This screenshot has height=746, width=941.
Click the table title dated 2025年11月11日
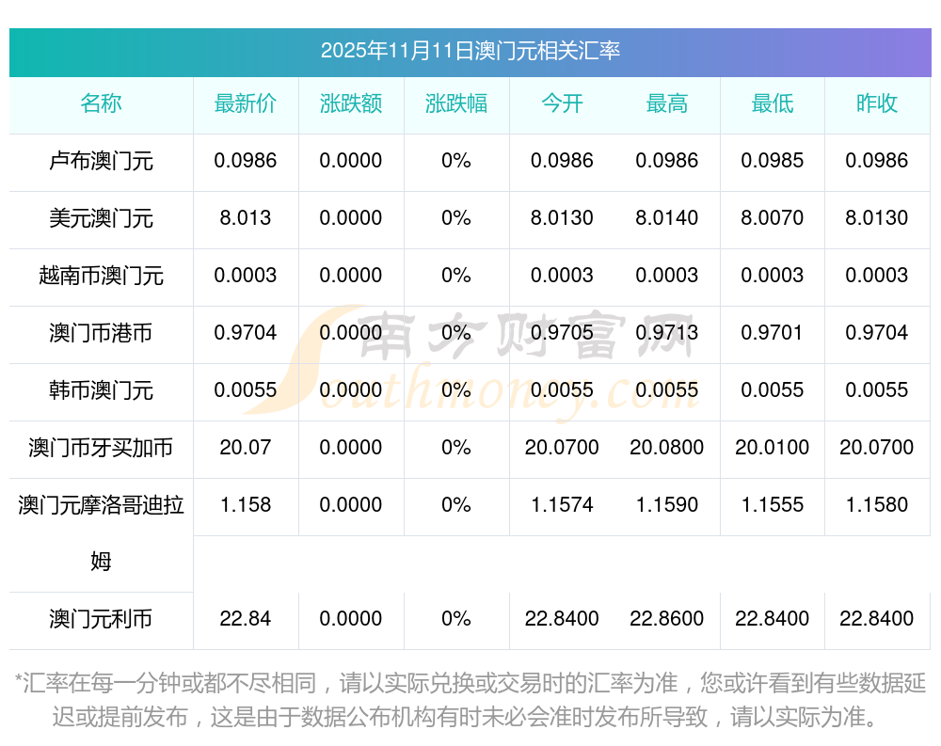tap(470, 51)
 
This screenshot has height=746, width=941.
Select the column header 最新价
tap(246, 104)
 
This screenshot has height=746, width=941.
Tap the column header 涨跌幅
tap(456, 104)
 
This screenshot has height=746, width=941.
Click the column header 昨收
tap(877, 104)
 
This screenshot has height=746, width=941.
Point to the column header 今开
tap(562, 104)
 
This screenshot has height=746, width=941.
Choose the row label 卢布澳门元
tap(101, 161)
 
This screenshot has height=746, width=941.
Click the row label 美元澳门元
tap(101, 218)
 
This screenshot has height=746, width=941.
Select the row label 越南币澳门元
tap(101, 276)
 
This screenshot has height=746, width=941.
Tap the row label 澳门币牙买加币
tap(101, 448)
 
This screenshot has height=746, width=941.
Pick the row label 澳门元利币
tap(101, 619)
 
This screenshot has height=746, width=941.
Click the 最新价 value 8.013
tap(246, 218)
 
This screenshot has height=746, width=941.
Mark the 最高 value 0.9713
tap(667, 333)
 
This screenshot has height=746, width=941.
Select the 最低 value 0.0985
tap(773, 161)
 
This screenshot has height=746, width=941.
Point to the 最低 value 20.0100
tap(773, 448)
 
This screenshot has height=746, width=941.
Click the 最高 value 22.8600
tap(667, 619)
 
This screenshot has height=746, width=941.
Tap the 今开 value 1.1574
tap(562, 505)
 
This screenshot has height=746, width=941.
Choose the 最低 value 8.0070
tap(773, 218)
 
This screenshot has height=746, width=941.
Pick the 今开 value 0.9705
tap(562, 333)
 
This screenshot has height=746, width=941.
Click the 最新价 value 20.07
tap(246, 448)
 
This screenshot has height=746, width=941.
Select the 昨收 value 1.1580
tap(877, 505)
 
